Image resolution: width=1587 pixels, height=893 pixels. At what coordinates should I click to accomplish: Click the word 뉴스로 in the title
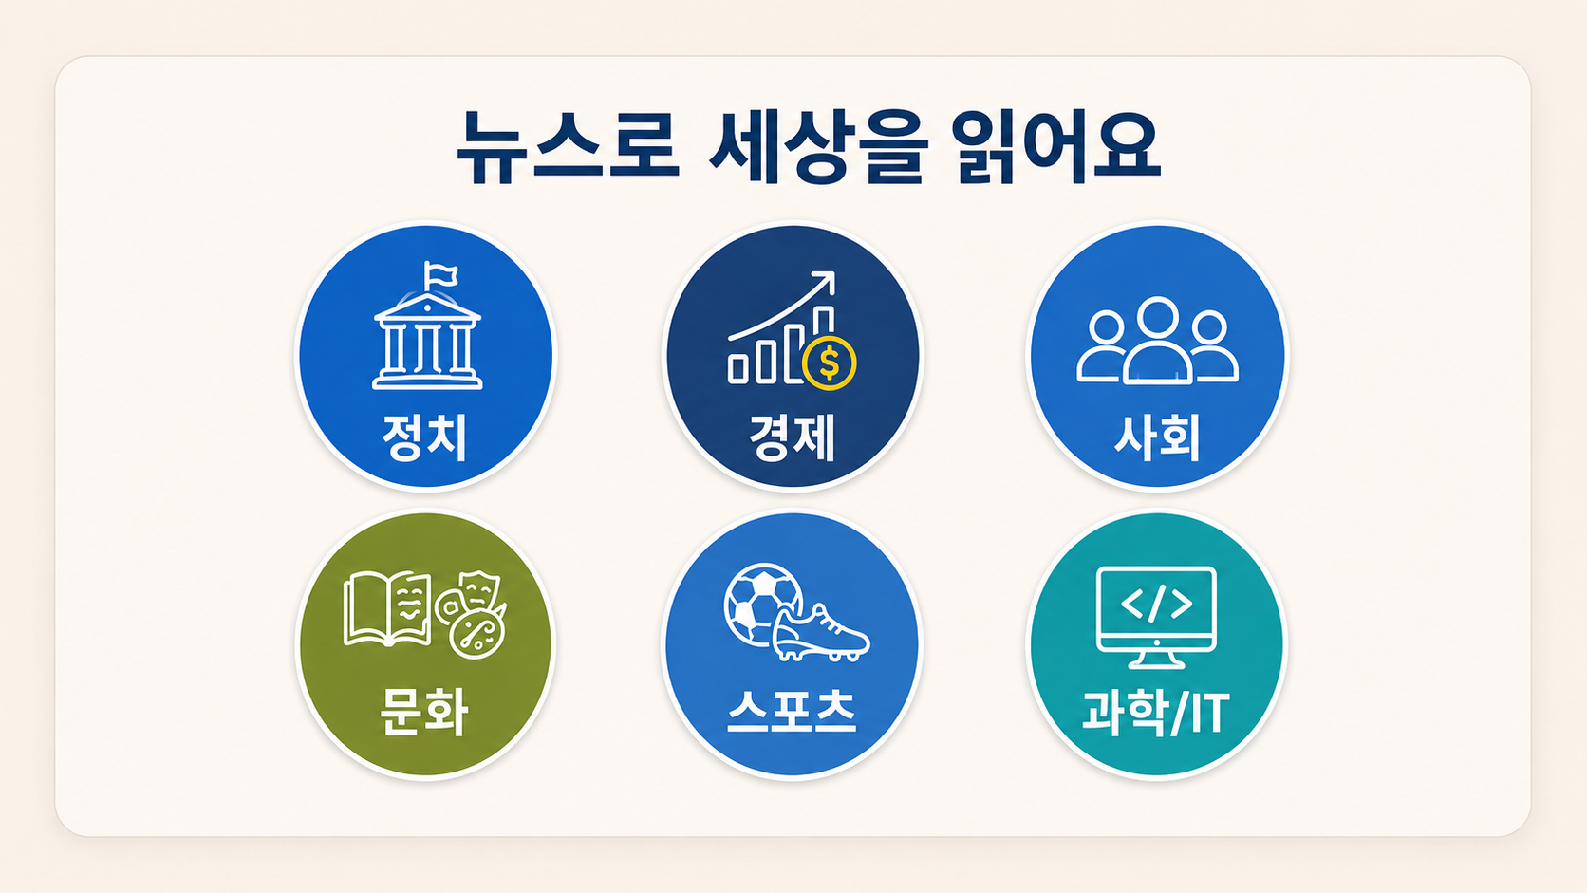[x=568, y=148]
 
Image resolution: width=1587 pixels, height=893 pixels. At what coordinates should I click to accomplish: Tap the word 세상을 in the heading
[x=819, y=148]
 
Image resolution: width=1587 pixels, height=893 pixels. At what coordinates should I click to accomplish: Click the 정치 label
[x=424, y=437]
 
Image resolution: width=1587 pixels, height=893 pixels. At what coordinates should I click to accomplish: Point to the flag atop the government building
[x=439, y=275]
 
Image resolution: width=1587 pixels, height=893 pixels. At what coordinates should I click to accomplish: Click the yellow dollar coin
[x=829, y=363]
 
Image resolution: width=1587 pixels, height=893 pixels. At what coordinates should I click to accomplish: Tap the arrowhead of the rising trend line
[x=825, y=281]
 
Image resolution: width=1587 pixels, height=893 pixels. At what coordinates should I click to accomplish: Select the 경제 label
[x=793, y=437]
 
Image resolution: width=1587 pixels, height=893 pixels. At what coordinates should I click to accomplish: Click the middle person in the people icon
[x=1157, y=342]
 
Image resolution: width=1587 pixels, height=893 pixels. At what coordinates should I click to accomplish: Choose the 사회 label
[x=1158, y=437]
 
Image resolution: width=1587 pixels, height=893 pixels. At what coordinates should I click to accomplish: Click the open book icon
[x=387, y=609]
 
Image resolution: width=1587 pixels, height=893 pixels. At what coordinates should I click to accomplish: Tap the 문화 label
[x=423, y=712]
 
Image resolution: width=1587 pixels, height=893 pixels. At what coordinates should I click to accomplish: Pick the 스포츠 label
[x=793, y=711]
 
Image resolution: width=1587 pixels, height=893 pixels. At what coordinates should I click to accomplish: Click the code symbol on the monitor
[x=1156, y=605]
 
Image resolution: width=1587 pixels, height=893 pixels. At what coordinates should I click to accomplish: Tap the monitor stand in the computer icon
[x=1156, y=660]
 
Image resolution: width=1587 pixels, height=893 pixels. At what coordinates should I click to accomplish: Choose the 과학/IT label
[x=1156, y=713]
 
